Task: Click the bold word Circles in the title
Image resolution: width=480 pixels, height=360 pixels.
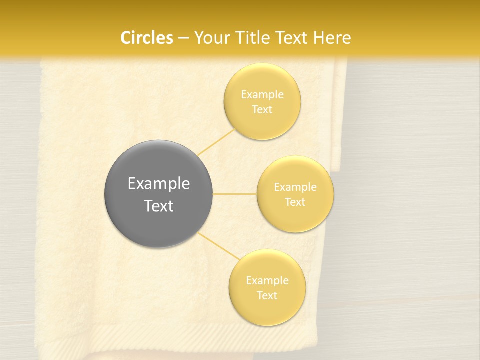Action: pos(146,38)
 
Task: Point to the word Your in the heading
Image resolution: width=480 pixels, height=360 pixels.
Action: pos(209,38)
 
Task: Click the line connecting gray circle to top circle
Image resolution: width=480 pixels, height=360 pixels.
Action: pos(216,141)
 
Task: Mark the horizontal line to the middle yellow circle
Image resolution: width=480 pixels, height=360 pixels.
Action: pos(234,193)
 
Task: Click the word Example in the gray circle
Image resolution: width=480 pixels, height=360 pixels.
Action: pos(158,184)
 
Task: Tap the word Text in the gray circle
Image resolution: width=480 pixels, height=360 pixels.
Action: pos(158,206)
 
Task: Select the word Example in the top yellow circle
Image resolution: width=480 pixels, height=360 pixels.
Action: pos(262,94)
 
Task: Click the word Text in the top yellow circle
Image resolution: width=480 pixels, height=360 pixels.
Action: pos(262,109)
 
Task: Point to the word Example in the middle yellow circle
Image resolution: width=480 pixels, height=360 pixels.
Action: pos(295,187)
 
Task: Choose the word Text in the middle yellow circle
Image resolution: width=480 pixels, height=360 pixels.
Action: pos(295,202)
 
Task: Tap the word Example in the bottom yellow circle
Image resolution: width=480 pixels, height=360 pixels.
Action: pos(267,280)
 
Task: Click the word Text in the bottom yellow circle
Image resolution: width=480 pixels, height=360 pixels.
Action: pos(267,295)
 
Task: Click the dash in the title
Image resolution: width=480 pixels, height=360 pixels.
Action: pos(183,38)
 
